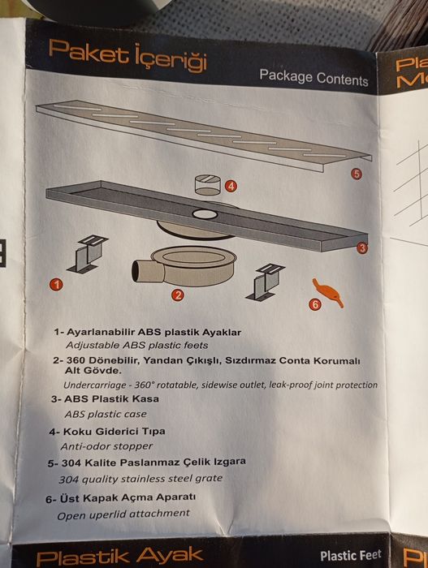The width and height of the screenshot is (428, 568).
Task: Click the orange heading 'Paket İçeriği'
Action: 128,56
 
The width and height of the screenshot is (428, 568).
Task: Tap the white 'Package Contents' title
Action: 313,78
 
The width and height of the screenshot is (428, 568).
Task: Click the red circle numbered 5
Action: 357,174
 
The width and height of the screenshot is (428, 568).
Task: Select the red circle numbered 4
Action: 231,186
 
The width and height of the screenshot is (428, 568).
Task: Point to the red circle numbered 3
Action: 361,248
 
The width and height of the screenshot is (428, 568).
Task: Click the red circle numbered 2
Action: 177,295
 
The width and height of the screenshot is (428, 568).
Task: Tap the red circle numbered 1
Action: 56,284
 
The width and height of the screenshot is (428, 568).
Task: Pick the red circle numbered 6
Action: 315,304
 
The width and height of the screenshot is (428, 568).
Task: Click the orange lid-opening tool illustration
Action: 328,293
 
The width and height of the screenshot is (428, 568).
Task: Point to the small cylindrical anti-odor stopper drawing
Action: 207,185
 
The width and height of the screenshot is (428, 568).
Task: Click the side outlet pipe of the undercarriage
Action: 143,270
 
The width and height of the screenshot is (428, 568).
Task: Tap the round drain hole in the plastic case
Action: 205,214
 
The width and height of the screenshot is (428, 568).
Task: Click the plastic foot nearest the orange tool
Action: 265,282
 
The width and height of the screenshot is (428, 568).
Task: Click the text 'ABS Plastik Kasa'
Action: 111,399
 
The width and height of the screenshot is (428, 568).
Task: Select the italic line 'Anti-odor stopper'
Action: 106,446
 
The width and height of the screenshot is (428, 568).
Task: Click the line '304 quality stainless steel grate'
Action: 141,479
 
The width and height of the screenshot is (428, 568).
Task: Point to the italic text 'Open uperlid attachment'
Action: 123,514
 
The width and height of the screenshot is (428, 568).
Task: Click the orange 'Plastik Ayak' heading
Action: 119,557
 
